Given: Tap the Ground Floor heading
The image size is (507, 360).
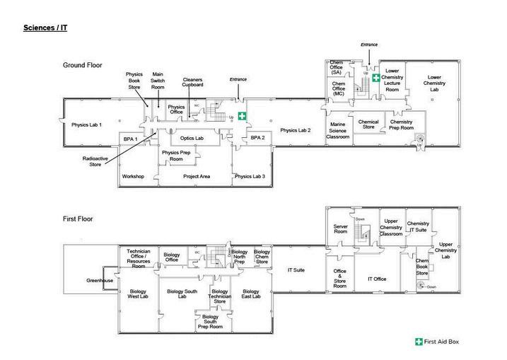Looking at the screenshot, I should pos(82,65).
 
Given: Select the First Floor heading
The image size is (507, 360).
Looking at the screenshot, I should pos(78,219).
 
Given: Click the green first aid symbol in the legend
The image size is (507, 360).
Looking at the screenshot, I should pos(419,342).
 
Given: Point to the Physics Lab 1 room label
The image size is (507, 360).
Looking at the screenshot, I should pos(86,125).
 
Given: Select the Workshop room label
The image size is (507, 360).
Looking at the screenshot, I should pos(133,176).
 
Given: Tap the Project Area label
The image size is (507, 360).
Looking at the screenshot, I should pos(197,176).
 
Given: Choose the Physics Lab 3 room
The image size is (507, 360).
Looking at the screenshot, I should pos(250,176).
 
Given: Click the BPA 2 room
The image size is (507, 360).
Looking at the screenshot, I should pos(257,138).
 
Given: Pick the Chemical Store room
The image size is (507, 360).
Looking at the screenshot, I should pos(368,124).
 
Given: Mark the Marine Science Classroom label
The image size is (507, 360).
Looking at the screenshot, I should pos(338,130).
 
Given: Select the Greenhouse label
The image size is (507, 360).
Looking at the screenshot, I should pos(100,281).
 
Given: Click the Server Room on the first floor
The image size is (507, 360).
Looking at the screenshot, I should pos(341,230).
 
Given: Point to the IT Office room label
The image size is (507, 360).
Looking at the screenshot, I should pos(376,279).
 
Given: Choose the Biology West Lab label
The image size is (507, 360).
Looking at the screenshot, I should pos(137,294).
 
